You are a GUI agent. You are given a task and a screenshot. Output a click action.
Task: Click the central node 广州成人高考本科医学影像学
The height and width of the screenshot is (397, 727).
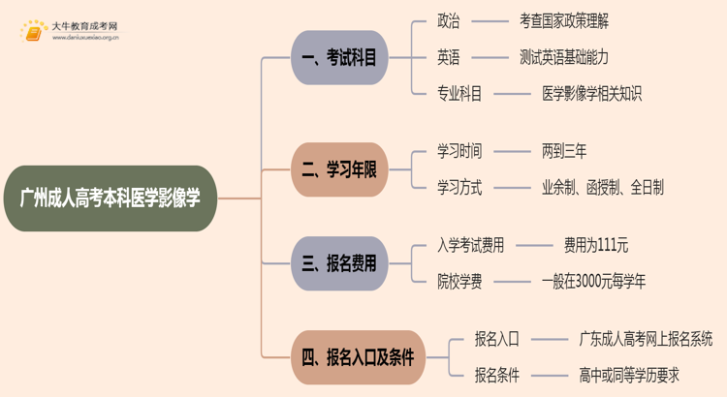111,198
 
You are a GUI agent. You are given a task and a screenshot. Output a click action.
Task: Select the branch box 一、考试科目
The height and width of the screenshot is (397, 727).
339,58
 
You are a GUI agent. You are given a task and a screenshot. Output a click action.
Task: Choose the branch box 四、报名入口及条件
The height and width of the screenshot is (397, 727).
358,357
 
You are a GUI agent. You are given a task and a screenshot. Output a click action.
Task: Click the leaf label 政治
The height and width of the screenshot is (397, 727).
449,20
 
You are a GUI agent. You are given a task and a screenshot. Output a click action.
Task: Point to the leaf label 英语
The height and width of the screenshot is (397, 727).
449,57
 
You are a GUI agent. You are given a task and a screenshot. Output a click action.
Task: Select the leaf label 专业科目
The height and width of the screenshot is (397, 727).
459,94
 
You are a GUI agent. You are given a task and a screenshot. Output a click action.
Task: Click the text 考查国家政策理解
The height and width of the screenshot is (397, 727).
564,20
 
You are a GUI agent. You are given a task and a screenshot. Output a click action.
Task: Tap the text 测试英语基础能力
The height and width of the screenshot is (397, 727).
564,57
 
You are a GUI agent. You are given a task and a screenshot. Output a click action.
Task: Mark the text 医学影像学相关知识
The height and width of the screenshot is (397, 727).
591,94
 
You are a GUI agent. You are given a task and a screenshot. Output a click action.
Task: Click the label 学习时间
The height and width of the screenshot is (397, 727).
459,151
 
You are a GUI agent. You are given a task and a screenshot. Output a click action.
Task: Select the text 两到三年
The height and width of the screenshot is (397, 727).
564,151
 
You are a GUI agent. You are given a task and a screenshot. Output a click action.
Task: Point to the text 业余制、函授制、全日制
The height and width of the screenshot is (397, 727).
603,188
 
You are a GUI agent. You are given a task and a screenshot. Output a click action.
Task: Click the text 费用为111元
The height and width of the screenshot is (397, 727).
595,245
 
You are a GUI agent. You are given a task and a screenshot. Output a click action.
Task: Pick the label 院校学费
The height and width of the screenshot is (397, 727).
459,282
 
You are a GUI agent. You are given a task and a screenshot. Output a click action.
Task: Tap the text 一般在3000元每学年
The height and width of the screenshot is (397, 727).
593,282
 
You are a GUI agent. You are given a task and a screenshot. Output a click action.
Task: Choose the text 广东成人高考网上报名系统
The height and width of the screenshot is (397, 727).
646,339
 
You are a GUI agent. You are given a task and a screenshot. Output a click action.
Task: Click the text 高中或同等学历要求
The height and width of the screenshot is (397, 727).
628,376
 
